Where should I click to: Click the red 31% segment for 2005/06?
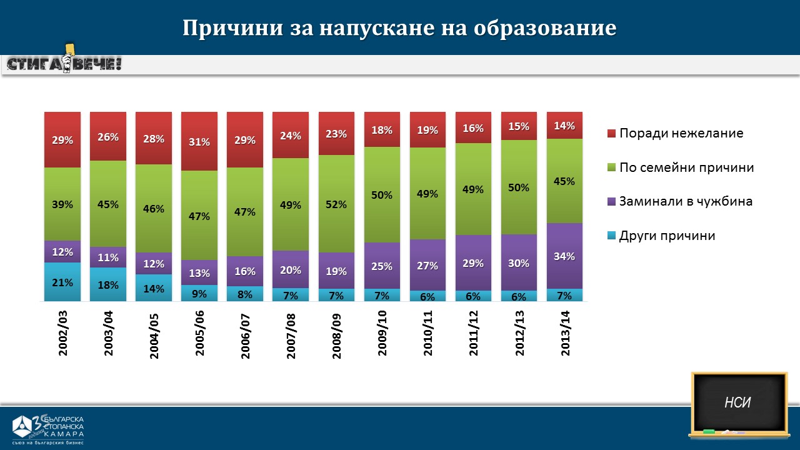[x=199, y=141]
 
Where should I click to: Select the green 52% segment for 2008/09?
[x=337, y=204]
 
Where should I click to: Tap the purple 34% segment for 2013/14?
[x=565, y=256]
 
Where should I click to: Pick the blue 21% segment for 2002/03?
[x=62, y=282]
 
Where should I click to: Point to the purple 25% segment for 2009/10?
[x=382, y=266]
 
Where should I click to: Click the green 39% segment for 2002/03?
[x=62, y=204]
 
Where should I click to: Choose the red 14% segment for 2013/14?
[x=565, y=125]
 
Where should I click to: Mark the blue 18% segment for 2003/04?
[x=108, y=284]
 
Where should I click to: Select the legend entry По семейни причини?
[x=686, y=167]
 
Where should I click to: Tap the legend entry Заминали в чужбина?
[x=685, y=201]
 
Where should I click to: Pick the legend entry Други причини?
[x=666, y=236]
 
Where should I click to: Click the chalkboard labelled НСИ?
[x=738, y=403]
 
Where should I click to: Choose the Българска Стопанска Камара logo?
[x=49, y=427]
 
